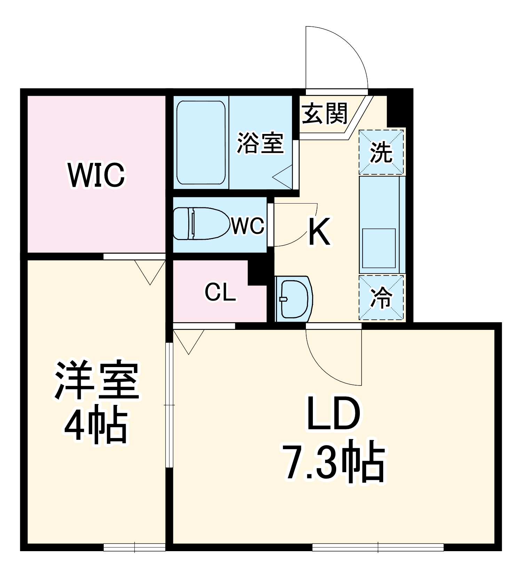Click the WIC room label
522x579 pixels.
[97, 175]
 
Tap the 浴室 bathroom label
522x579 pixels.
[260, 143]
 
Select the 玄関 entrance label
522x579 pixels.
[324, 113]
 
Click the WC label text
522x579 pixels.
[248, 227]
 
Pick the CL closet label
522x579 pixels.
[220, 292]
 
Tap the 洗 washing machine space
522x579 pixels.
[381, 152]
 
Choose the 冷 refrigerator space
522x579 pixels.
[381, 298]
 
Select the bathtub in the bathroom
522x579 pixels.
[201, 143]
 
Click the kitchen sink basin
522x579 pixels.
[379, 247]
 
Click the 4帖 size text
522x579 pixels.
[95, 425]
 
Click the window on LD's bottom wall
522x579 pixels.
[378, 547]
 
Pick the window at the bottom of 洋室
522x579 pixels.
[134, 547]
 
